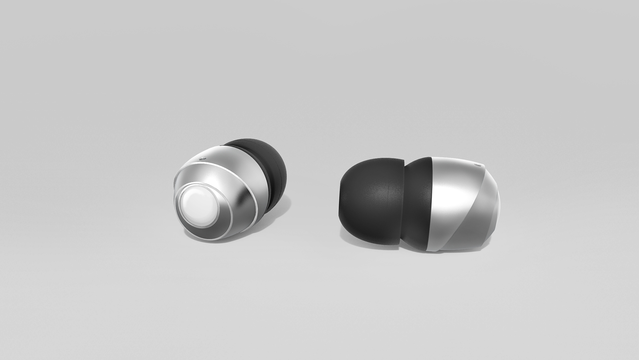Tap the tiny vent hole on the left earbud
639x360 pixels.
click(x=201, y=159)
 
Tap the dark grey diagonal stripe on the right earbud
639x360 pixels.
click(x=473, y=216)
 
